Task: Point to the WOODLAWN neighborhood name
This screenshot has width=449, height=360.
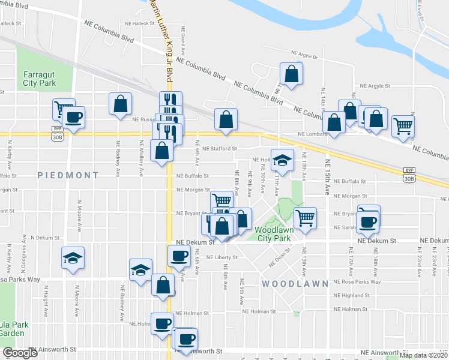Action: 295,283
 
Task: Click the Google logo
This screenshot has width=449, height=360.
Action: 20,353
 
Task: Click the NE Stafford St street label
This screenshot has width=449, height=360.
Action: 220,148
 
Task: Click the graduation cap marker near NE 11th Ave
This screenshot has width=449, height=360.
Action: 282,160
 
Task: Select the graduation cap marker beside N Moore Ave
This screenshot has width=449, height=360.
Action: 73,259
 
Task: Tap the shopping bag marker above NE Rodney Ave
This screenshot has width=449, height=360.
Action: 120,103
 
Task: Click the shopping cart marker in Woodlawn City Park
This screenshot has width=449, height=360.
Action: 305,218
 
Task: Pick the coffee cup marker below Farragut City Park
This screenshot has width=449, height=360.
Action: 74,117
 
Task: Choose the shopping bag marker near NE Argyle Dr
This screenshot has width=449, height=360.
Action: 291,74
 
